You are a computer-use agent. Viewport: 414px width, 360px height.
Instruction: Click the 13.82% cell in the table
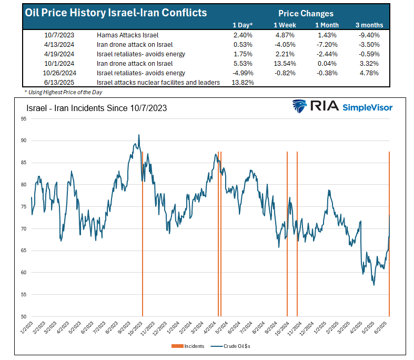(x=243, y=83)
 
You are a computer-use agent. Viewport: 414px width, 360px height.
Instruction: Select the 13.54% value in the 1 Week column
(x=284, y=63)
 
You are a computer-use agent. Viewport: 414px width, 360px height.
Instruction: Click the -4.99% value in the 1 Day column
(x=243, y=73)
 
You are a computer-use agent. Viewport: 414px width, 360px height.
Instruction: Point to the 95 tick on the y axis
(x=24, y=119)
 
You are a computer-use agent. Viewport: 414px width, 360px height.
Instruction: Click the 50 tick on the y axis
(x=24, y=316)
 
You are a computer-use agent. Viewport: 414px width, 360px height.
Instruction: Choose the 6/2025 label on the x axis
(x=384, y=329)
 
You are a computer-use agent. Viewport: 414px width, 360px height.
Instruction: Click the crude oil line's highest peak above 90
(x=139, y=135)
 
